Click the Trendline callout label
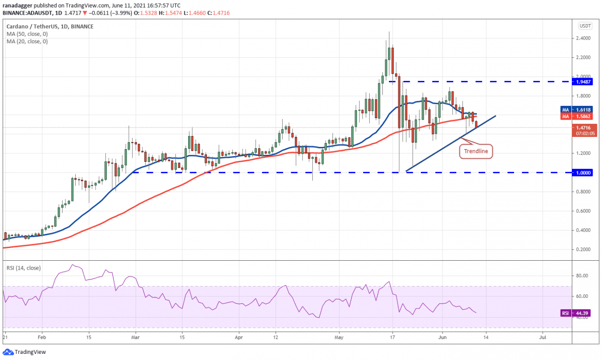coord(475,151)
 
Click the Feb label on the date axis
coord(41,337)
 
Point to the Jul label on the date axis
coord(542,337)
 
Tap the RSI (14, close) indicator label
coord(23,268)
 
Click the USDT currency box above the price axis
coord(585,26)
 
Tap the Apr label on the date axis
coord(239,337)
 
